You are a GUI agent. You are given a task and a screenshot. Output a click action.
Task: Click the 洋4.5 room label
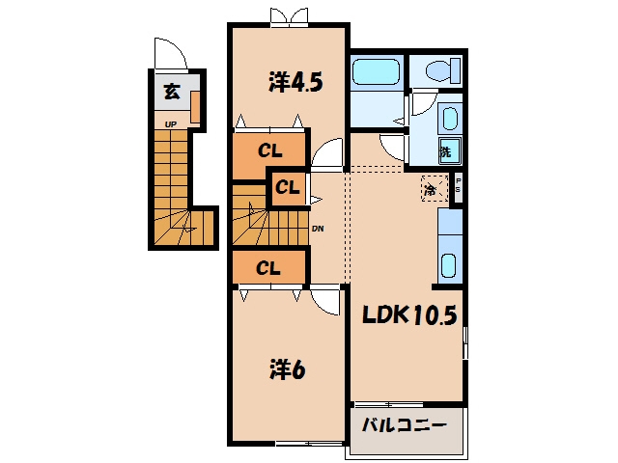(x=295, y=82)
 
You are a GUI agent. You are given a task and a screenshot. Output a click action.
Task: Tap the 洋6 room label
(x=288, y=370)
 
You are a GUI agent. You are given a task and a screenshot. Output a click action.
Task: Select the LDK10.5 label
(x=409, y=314)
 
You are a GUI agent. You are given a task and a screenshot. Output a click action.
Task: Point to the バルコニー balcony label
(x=405, y=425)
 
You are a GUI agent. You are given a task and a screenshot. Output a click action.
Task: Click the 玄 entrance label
(x=172, y=92)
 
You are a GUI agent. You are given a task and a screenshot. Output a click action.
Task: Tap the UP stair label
(x=171, y=124)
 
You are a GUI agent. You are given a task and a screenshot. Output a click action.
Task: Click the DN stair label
(x=318, y=229)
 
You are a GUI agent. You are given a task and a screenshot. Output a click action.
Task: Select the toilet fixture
(x=443, y=70)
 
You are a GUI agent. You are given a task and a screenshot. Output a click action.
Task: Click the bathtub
(x=376, y=71)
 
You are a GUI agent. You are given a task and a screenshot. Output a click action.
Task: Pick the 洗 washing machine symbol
(x=450, y=150)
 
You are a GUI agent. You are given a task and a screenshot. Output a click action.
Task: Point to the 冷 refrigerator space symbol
(x=435, y=189)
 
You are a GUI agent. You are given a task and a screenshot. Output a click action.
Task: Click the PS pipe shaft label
(x=458, y=185)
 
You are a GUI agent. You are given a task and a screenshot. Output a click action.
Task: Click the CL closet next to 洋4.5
(x=269, y=150)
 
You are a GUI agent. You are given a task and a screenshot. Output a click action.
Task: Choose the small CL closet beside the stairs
(x=288, y=187)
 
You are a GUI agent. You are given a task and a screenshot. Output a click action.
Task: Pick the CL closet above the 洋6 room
(x=268, y=268)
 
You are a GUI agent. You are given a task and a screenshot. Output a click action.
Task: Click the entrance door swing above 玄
(x=170, y=54)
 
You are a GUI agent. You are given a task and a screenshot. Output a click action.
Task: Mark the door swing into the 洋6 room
(x=324, y=302)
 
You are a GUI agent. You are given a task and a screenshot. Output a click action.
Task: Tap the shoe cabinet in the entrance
(x=196, y=107)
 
